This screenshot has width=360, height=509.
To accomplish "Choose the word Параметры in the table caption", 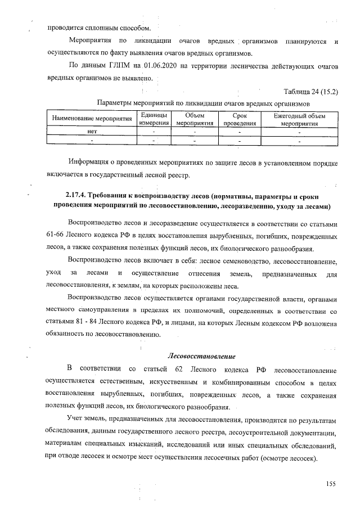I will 114,104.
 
